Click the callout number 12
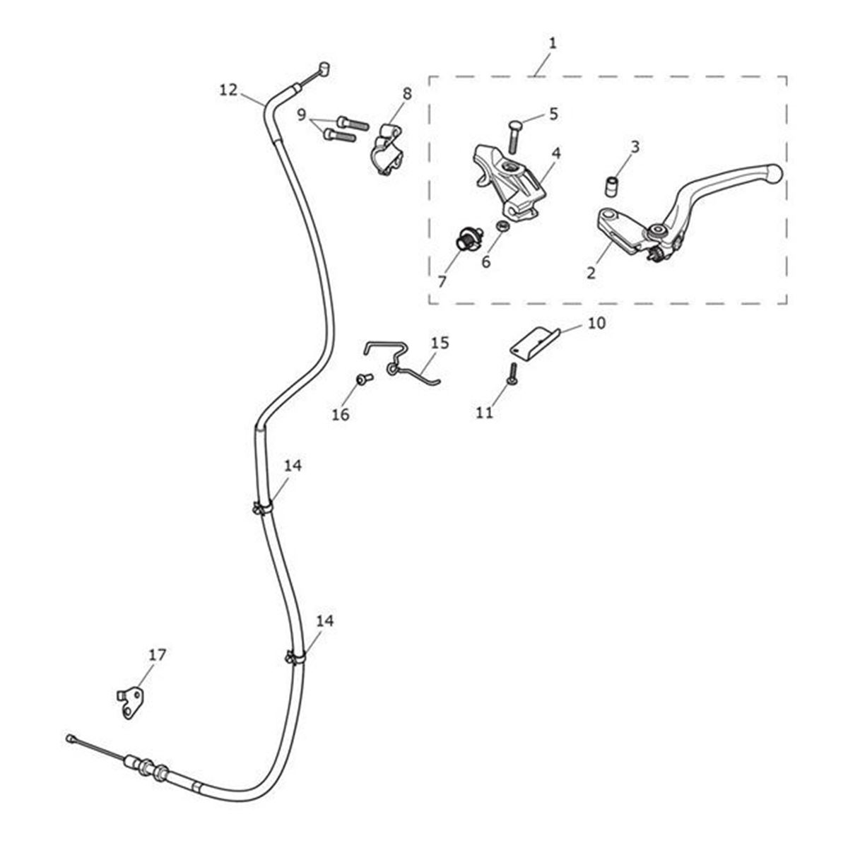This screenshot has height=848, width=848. [229, 90]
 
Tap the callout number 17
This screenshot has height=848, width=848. [158, 655]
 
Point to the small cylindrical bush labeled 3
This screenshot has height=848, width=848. [611, 186]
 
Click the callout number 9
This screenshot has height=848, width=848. [302, 114]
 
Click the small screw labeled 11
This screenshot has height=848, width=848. [511, 374]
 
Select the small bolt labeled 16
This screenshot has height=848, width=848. [365, 379]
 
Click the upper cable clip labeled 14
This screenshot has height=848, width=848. [261, 507]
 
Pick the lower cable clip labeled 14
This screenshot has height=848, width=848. [295, 658]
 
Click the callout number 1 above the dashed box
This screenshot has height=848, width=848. [553, 43]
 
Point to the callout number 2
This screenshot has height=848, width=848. [591, 272]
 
